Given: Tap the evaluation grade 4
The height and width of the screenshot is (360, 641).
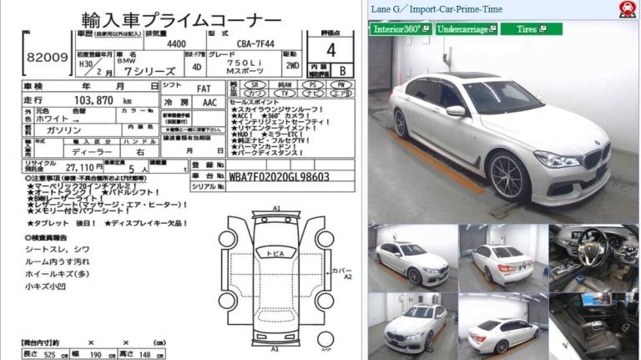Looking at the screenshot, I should [331, 50].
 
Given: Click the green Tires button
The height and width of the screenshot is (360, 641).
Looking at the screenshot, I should [531, 29].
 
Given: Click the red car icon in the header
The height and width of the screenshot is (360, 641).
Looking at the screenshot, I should [625, 9].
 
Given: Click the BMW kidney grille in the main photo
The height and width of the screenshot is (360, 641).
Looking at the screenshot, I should [598, 158].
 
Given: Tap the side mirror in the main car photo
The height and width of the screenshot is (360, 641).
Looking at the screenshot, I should [455, 111].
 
